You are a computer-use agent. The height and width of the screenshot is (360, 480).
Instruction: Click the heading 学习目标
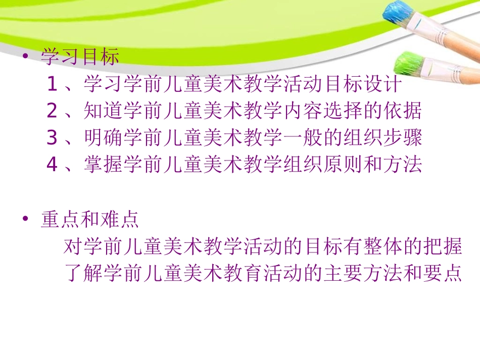pos(80,57)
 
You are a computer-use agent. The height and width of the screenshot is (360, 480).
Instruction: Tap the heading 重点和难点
pos(90,220)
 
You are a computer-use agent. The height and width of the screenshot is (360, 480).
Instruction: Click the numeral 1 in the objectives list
pos(52,84)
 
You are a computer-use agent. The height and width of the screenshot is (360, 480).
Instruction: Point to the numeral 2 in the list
pos(52,111)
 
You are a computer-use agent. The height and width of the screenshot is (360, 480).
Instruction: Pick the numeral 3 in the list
pos(52,138)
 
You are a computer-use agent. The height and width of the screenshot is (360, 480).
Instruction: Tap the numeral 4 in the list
pos(52,165)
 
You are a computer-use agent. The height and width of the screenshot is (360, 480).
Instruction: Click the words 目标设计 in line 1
pos(363,84)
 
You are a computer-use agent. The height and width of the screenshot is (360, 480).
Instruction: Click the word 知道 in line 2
pos(104,111)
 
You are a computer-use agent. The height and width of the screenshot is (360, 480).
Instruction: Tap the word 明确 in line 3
pos(104,138)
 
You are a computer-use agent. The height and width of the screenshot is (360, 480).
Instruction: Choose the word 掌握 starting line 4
pos(104,165)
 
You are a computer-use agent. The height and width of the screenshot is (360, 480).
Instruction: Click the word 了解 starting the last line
pos(84,274)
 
